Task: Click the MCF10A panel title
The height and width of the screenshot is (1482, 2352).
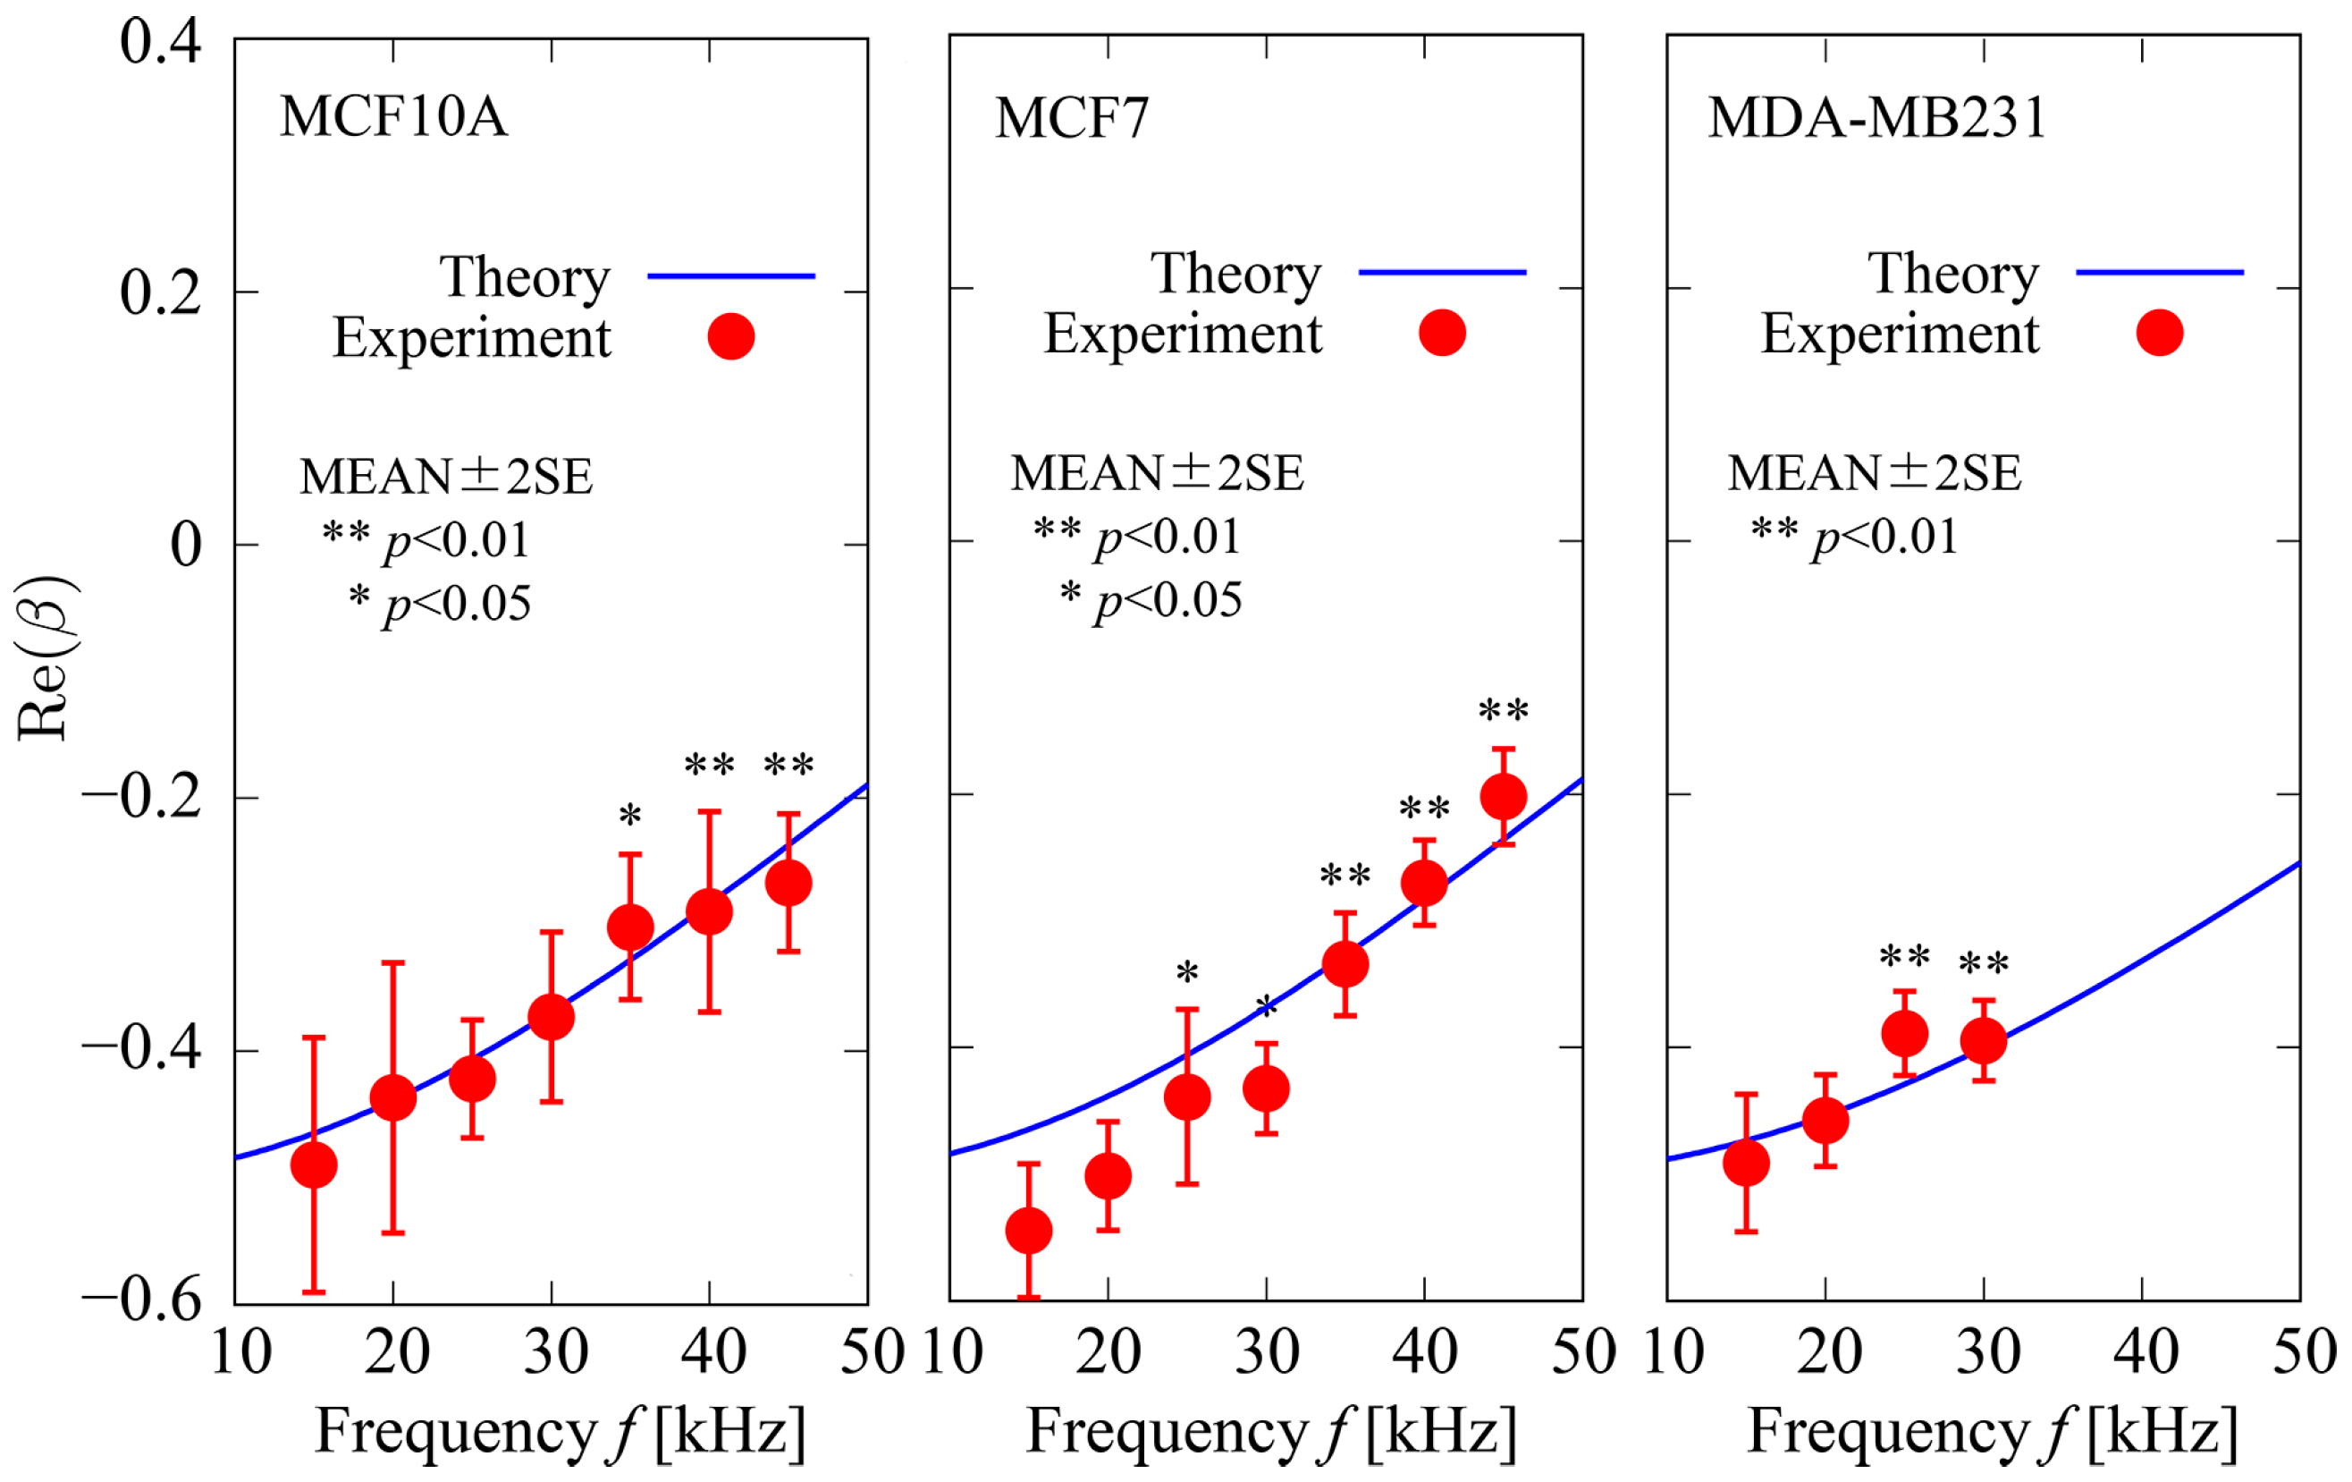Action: click(393, 116)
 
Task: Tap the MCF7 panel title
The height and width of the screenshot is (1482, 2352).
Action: click(1072, 118)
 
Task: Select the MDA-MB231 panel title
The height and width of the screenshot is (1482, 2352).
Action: click(1876, 118)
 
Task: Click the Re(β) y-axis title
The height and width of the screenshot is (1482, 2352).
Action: click(44, 658)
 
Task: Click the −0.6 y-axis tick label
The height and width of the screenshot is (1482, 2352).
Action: click(143, 1300)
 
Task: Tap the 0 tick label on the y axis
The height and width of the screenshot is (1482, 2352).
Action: click(186, 544)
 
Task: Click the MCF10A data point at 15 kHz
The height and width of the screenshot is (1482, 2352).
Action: click(314, 1165)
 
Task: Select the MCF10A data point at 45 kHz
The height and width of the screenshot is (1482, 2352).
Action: click(788, 883)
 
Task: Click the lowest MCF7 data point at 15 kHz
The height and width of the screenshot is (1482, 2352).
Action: click(1029, 1230)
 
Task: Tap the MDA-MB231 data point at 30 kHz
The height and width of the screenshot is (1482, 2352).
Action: click(1984, 1040)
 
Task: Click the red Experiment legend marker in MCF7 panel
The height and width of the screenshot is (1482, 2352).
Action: click(1442, 333)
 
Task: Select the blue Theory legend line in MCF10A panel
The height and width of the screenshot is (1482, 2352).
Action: click(730, 276)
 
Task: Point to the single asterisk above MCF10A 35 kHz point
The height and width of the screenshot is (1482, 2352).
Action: click(630, 815)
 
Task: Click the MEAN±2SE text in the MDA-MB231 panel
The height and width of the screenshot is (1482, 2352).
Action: click(1875, 473)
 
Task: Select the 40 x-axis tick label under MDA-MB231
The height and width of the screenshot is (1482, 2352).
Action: click(2145, 1353)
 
